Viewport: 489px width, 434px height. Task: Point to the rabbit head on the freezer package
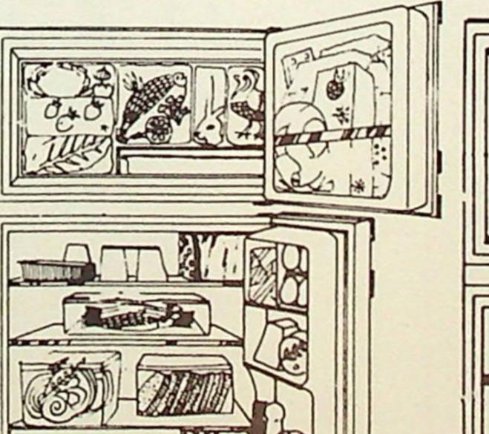pyautogui.click(x=209, y=128)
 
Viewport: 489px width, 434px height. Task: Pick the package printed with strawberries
pyautogui.click(x=68, y=115)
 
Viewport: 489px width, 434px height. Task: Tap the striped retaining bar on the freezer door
pyautogui.click(x=334, y=137)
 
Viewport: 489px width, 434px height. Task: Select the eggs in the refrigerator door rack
pyautogui.click(x=292, y=274)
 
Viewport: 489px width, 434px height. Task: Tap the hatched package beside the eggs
pyautogui.click(x=261, y=275)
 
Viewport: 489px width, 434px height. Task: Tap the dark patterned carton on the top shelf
pyautogui.click(x=211, y=257)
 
